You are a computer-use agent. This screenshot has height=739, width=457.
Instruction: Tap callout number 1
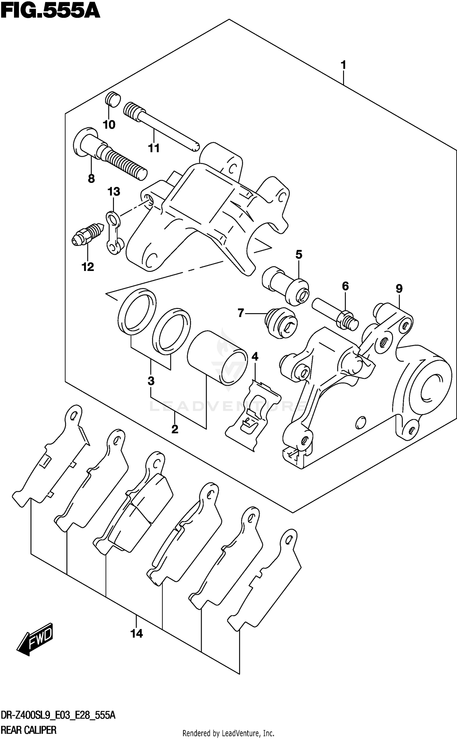pos(343,65)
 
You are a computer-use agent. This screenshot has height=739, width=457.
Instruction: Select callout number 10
pos(109,125)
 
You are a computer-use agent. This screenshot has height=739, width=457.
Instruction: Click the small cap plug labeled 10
pos(113,100)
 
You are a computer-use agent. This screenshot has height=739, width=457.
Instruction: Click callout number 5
pos(299,254)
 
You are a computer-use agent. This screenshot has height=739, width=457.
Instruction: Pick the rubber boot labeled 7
pos(281,324)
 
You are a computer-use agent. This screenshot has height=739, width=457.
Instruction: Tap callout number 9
pos(399,289)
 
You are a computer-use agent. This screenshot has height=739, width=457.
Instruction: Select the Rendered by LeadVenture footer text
pos(228,733)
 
